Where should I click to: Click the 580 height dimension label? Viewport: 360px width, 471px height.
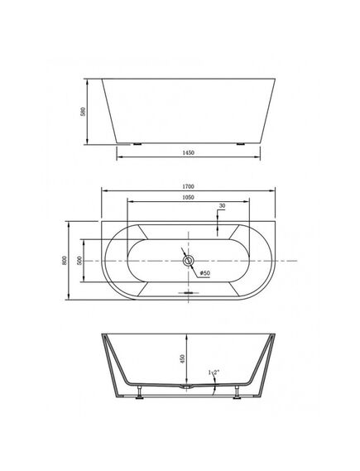click(x=84, y=112)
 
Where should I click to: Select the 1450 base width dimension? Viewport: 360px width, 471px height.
click(x=188, y=152)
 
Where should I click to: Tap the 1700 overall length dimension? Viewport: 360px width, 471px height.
click(x=188, y=186)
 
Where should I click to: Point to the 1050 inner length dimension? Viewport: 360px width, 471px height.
click(x=188, y=197)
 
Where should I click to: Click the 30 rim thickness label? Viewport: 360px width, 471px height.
click(x=222, y=206)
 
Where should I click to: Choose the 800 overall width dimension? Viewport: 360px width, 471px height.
click(x=65, y=260)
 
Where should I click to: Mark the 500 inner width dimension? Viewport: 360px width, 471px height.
click(x=79, y=260)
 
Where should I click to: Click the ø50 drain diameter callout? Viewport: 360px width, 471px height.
click(x=205, y=273)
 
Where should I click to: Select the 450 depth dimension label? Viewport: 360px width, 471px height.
click(x=182, y=358)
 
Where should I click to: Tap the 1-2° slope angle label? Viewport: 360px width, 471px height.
click(x=214, y=372)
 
